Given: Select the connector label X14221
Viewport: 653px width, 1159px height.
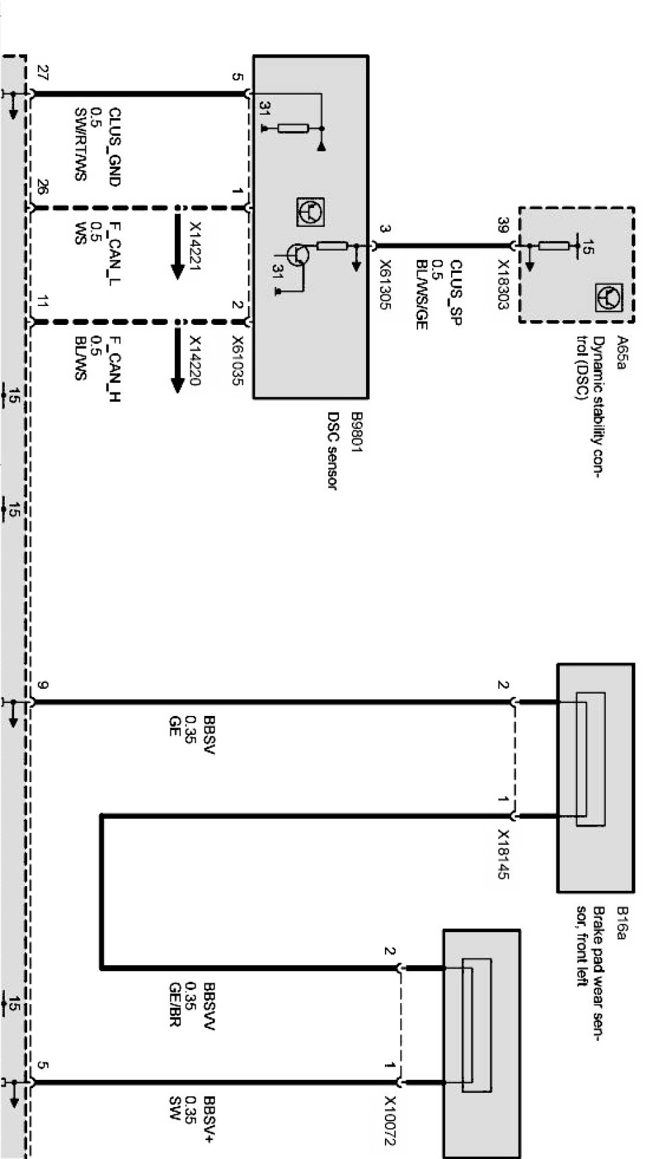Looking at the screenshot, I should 195,247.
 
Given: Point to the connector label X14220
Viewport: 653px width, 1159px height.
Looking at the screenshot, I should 195,361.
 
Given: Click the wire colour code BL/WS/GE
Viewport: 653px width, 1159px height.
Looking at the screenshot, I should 421,294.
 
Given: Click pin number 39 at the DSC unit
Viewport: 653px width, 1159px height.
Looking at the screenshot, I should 502,222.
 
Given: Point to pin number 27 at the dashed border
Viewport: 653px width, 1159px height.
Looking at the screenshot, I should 43,74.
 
